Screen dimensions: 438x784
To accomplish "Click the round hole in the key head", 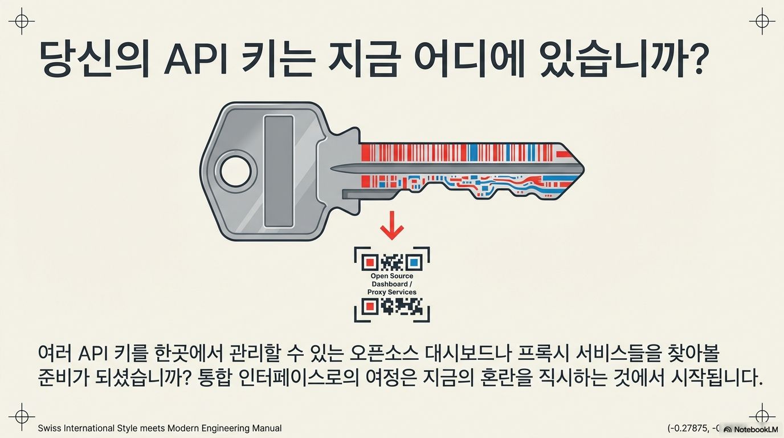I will click(235, 172).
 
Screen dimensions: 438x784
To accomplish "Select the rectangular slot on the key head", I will click(279, 172).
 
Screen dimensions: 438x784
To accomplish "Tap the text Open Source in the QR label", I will click(392, 277).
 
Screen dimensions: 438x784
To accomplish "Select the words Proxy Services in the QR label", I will click(392, 293).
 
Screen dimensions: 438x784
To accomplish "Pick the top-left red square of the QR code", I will click(369, 263).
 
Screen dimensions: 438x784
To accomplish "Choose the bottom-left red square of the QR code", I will click(369, 307).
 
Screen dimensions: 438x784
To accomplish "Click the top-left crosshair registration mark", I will click(22, 21).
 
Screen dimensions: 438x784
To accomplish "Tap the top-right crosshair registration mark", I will click(762, 21).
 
